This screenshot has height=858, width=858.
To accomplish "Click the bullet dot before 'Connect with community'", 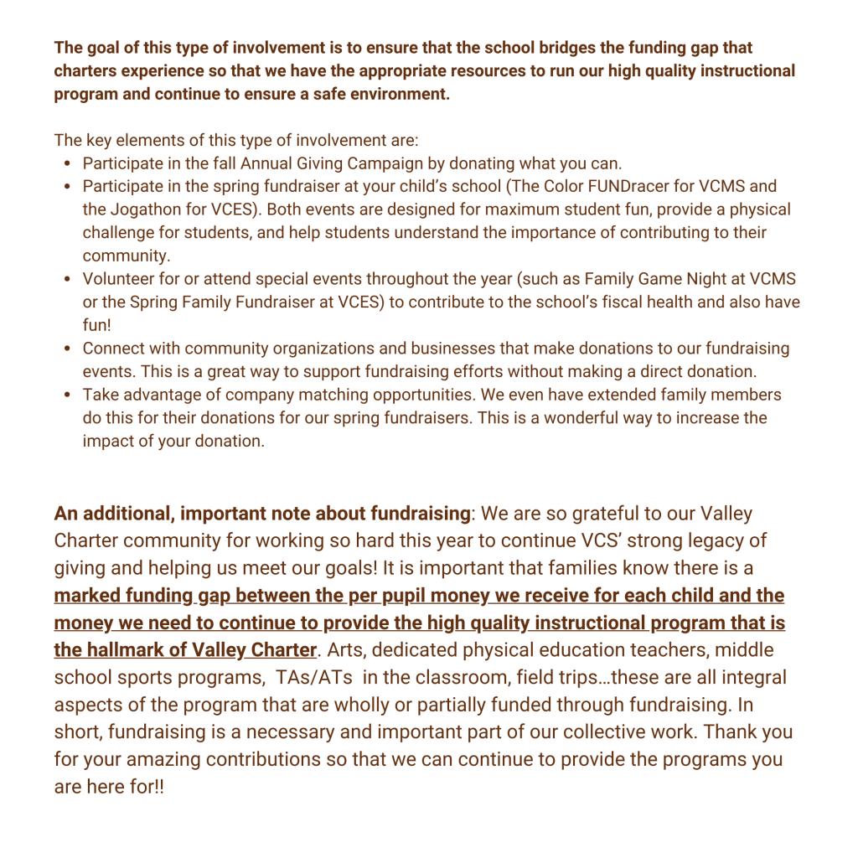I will pyautogui.click(x=66, y=349).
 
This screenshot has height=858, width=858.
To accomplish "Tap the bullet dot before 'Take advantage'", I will pyautogui.click(x=66, y=395).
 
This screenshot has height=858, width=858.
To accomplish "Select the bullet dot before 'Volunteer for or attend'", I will pyautogui.click(x=66, y=279).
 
